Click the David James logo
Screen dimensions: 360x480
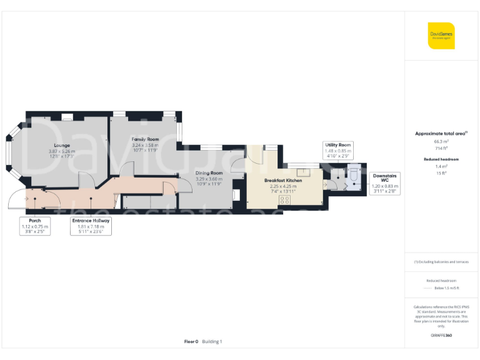coord(441,35)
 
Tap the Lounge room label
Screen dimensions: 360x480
coord(61,146)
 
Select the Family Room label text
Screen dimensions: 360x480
coord(145,139)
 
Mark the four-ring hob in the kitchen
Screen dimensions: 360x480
coord(284,200)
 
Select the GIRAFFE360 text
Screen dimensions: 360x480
coord(441,336)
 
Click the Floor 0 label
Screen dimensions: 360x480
coord(191,342)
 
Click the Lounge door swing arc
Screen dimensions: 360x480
coord(87,181)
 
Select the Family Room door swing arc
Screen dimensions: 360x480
coord(126,168)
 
